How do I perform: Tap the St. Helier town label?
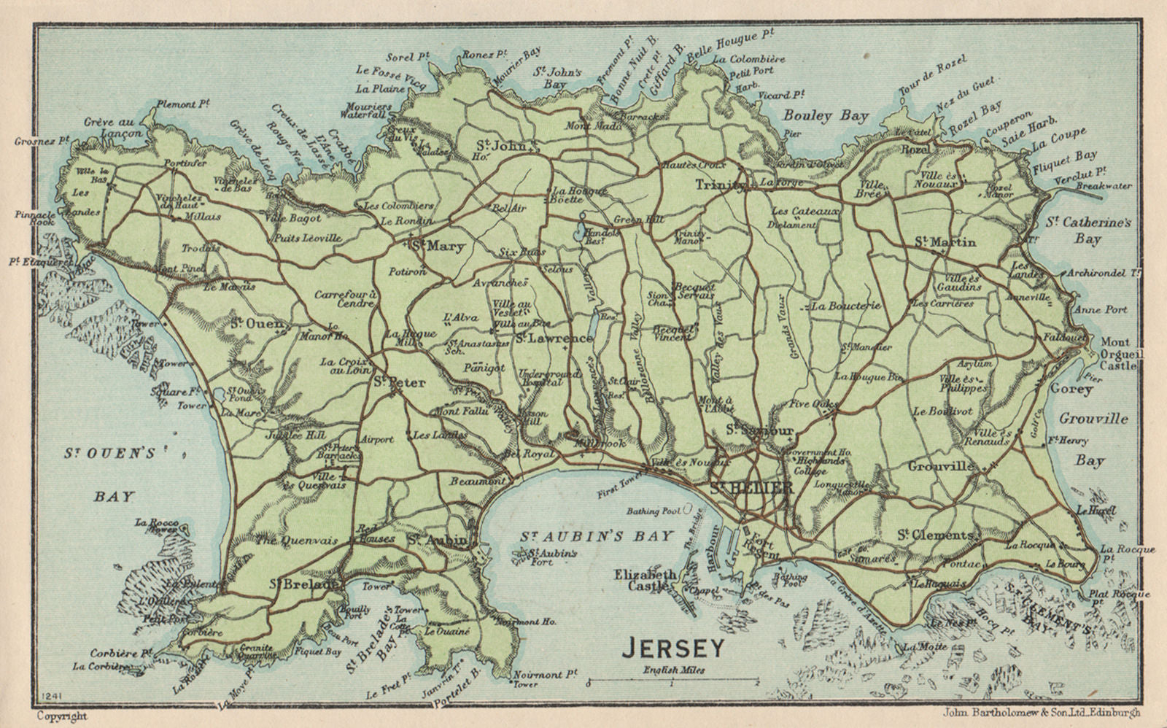click(751, 489)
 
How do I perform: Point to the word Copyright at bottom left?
click(61, 716)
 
